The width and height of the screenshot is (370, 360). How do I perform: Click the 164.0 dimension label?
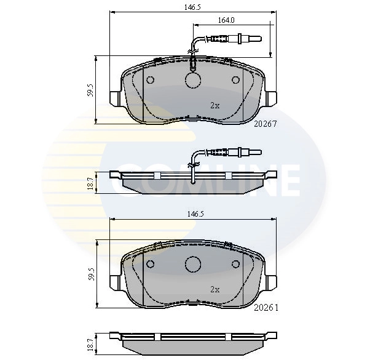click(x=226, y=20)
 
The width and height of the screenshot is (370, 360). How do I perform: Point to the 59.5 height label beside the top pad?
click(x=90, y=90)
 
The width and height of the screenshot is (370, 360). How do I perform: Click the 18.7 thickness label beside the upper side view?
click(x=90, y=183)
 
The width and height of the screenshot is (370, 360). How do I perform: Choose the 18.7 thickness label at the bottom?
click(x=90, y=343)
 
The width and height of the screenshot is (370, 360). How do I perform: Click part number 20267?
click(x=266, y=123)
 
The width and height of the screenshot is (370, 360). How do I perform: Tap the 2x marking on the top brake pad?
click(x=215, y=105)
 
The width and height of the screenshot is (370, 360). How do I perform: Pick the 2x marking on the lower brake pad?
click(x=215, y=289)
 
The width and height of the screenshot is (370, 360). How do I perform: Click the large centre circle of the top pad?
click(x=194, y=80)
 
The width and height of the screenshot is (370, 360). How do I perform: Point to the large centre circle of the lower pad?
click(x=194, y=263)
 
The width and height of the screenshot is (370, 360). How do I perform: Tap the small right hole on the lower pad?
click(x=235, y=263)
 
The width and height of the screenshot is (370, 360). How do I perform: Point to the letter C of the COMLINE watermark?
click(x=131, y=178)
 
